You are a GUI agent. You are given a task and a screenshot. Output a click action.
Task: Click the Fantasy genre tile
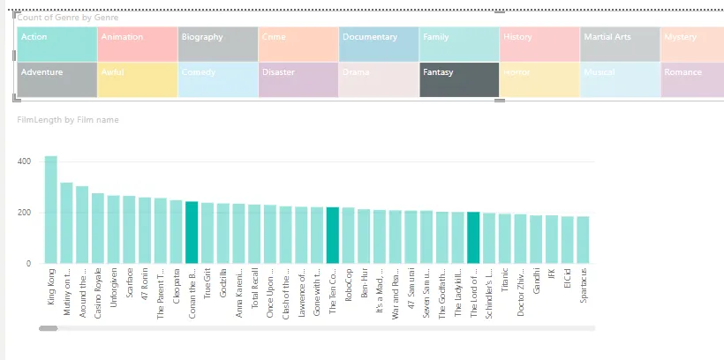tap(459, 79)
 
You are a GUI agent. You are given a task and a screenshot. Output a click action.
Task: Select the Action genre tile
tap(57, 44)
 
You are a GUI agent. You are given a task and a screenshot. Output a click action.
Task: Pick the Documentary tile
tap(378, 44)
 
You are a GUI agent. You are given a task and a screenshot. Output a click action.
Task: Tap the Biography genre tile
tap(217, 44)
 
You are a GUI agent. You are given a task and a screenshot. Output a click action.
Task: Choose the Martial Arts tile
tap(620, 44)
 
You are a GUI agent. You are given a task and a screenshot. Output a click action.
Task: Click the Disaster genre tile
tap(298, 79)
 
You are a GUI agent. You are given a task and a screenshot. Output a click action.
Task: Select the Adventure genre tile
tap(57, 79)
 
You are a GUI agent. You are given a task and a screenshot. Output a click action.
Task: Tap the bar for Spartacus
tap(583, 240)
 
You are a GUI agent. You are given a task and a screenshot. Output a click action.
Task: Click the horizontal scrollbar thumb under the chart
tap(48, 328)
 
